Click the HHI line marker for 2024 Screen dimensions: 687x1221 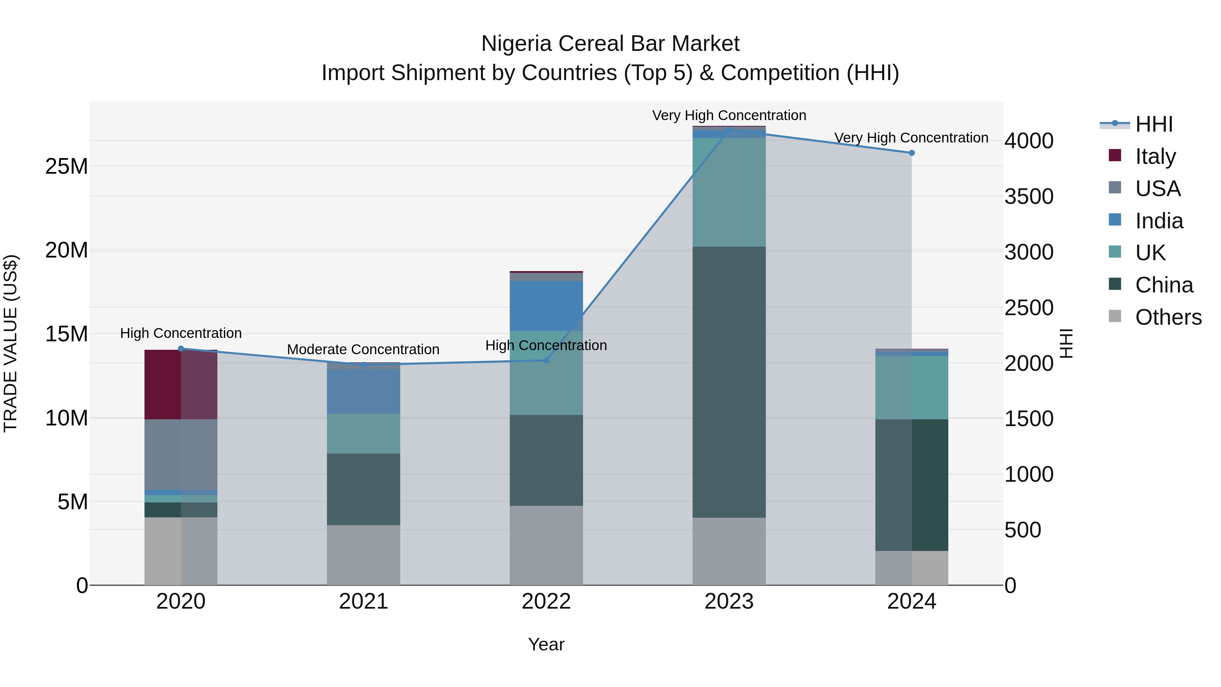[911, 153]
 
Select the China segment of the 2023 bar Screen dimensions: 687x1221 [729, 382]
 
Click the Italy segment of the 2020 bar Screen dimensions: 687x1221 [180, 384]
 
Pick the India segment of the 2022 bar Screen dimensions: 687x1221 [546, 306]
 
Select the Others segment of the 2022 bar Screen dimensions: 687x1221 [546, 545]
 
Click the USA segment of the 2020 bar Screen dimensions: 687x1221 [180, 454]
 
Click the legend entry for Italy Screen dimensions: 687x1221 [1155, 156]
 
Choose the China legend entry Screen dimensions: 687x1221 [1164, 285]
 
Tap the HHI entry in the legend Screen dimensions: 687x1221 [1154, 124]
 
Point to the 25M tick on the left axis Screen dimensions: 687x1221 [66, 167]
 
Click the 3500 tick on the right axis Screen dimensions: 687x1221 [1029, 196]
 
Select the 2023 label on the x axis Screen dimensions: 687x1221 [729, 602]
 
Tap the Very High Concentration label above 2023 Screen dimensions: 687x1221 [729, 115]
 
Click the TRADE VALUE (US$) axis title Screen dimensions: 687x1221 [11, 343]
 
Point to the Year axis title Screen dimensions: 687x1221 [546, 644]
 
